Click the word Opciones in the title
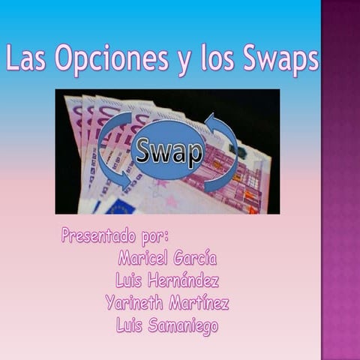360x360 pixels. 109,59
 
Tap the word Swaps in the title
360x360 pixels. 280,59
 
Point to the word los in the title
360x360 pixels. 217,59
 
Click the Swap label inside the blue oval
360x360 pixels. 167,152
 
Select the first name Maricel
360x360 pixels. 142,259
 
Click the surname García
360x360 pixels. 195,259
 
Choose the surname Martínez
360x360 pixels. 199,304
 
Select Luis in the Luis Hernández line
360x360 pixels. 129,281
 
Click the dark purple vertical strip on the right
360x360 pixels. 340,180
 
